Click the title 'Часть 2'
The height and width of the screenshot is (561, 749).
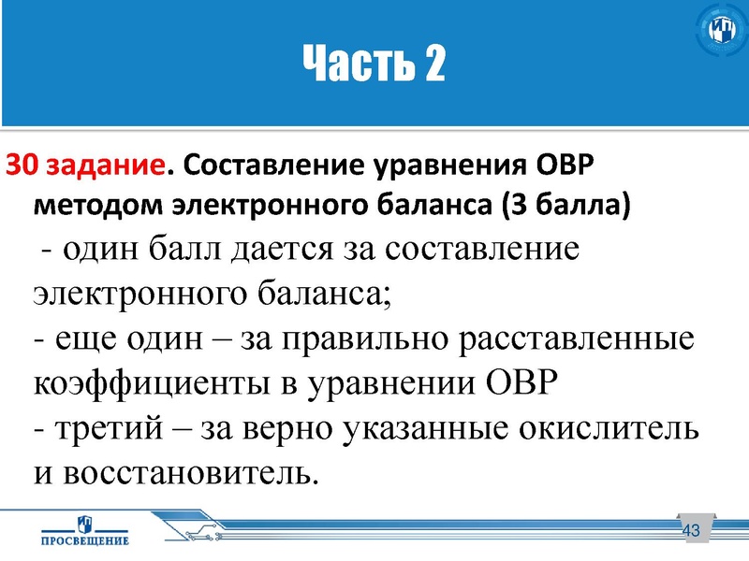click(x=374, y=65)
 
